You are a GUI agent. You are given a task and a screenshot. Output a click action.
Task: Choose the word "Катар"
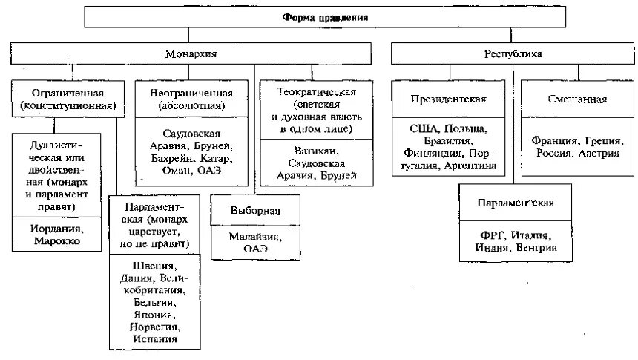(x=215, y=158)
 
